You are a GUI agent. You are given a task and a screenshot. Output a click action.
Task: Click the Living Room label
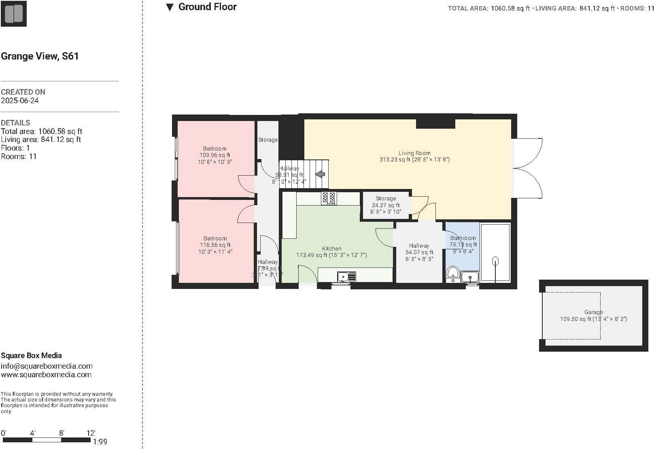(x=414, y=153)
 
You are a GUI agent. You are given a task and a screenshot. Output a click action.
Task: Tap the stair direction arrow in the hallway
(x=320, y=174)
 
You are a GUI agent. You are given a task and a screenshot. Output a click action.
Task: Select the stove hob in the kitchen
(x=329, y=198)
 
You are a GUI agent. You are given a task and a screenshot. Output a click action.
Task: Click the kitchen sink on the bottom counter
(x=346, y=277)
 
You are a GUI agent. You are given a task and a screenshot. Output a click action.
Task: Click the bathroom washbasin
(x=469, y=277)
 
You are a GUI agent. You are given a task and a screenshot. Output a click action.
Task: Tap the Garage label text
(x=593, y=312)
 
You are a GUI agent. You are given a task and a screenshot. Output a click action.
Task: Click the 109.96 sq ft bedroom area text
(x=215, y=155)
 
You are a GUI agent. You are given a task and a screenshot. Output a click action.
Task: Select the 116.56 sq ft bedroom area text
(x=215, y=245)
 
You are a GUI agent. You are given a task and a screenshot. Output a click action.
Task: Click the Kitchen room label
(x=331, y=248)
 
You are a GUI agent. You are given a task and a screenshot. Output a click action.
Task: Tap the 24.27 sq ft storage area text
(x=385, y=205)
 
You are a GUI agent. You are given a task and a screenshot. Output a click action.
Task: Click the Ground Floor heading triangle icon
(x=170, y=7)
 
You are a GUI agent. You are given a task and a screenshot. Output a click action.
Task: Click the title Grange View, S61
(x=40, y=56)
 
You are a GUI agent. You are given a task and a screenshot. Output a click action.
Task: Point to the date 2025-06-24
(x=20, y=101)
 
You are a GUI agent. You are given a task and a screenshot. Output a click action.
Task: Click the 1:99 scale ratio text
(x=100, y=442)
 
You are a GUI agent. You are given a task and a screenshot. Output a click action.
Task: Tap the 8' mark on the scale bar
(x=62, y=433)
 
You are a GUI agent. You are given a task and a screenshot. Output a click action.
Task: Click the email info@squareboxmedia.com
(x=47, y=366)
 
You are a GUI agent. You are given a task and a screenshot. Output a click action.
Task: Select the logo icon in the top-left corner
(x=13, y=13)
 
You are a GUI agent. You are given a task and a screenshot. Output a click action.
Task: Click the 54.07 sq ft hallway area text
(x=419, y=252)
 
